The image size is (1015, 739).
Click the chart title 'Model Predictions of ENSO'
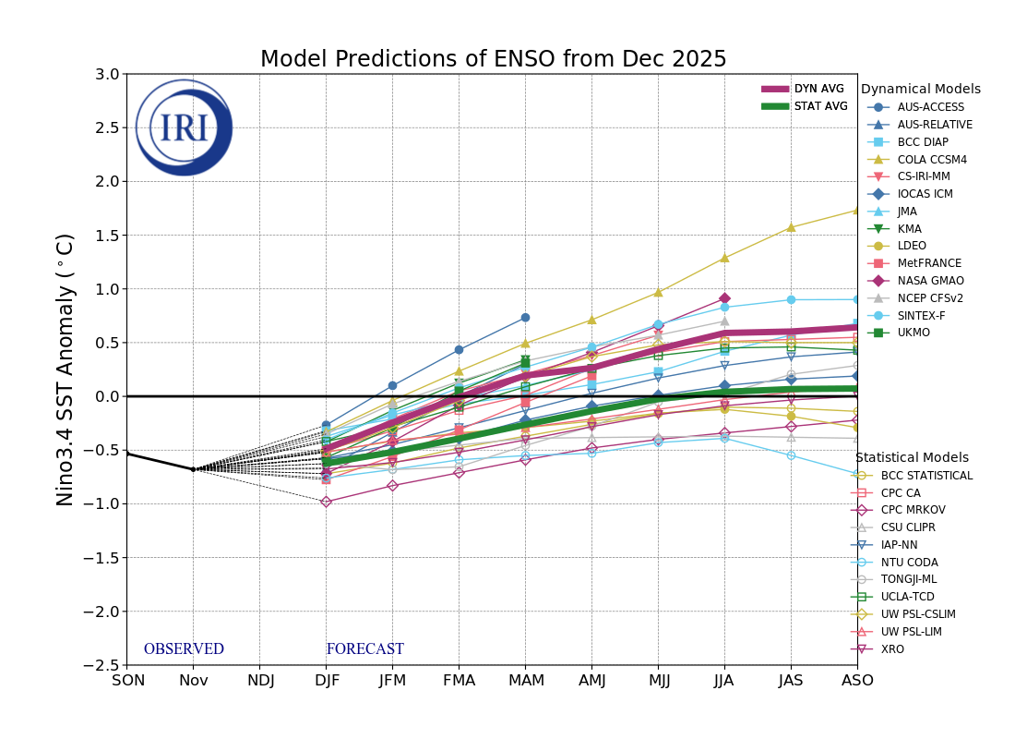click(x=493, y=60)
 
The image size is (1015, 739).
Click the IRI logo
click(x=184, y=127)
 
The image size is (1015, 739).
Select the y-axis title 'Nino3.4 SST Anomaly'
click(x=66, y=369)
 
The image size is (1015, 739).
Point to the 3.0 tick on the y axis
click(x=107, y=74)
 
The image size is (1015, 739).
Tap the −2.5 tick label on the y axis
click(x=103, y=665)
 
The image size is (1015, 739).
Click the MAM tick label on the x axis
click(x=525, y=681)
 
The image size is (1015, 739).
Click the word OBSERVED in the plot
click(x=184, y=649)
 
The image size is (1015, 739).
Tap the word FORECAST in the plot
click(x=364, y=649)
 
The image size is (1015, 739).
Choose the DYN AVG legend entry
click(x=818, y=89)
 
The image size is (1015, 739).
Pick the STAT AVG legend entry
click(x=820, y=106)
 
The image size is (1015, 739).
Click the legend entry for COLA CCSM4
click(x=931, y=160)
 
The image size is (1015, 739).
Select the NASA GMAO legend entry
click(x=929, y=281)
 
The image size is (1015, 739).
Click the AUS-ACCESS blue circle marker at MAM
click(x=525, y=317)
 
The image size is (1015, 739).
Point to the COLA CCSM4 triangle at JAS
click(x=791, y=226)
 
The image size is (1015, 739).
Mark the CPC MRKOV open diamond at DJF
click(x=326, y=502)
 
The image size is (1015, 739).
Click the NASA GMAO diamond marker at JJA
click(x=724, y=298)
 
